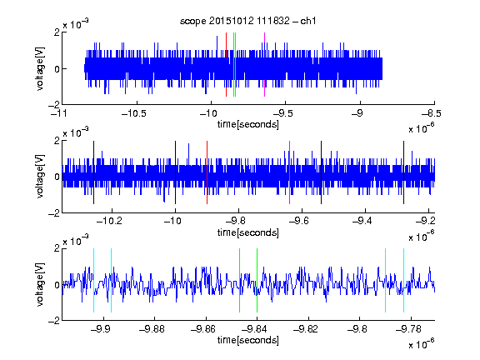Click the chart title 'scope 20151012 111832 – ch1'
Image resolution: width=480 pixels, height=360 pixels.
point(247,21)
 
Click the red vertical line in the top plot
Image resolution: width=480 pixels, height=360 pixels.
point(226,65)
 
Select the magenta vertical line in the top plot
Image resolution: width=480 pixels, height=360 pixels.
point(264,65)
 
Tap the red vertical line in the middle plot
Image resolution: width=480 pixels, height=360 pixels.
point(207,172)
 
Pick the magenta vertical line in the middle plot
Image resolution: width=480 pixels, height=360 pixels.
point(290,172)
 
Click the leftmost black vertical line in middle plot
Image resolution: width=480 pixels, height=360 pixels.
point(93,172)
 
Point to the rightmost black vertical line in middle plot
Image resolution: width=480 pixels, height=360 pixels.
point(403,172)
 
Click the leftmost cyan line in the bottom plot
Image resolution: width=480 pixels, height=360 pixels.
point(93,280)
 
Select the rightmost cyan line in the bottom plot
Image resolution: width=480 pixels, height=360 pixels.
point(403,280)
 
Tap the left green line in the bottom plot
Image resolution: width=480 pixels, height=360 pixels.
point(239,280)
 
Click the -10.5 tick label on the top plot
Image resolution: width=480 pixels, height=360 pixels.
point(134,113)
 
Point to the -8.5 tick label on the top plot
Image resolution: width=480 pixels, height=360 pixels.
point(432,113)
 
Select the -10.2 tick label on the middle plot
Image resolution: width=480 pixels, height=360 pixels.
point(109,221)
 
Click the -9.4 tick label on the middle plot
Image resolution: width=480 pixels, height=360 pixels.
point(362,221)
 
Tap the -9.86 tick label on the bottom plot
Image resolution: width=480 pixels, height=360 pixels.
point(203,329)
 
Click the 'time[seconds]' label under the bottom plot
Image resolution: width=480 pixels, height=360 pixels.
point(248,340)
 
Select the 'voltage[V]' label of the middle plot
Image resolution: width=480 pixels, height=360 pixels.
point(40,177)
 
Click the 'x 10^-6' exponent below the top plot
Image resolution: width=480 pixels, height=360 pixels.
point(422,127)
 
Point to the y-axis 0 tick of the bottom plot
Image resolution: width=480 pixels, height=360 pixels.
point(57,285)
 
